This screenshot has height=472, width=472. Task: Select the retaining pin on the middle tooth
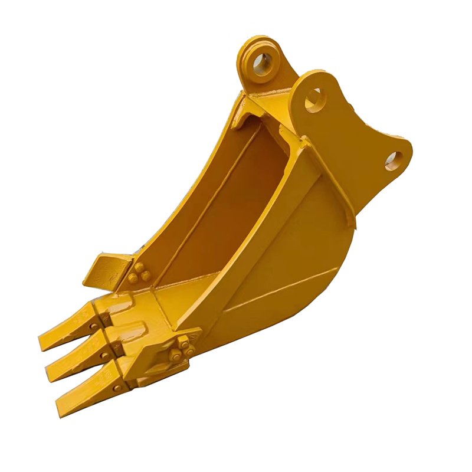coord(103,355)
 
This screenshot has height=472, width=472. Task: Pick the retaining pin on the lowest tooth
coord(116,388)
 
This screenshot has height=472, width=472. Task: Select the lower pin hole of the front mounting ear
coord(394,160)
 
